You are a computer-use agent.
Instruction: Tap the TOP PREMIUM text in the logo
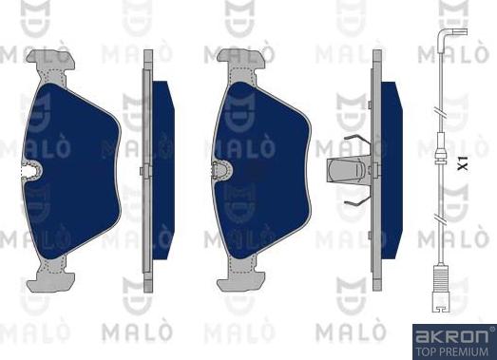(451, 350)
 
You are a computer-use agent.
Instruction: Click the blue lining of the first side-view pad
(162, 171)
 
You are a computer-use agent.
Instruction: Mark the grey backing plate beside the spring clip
(377, 171)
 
